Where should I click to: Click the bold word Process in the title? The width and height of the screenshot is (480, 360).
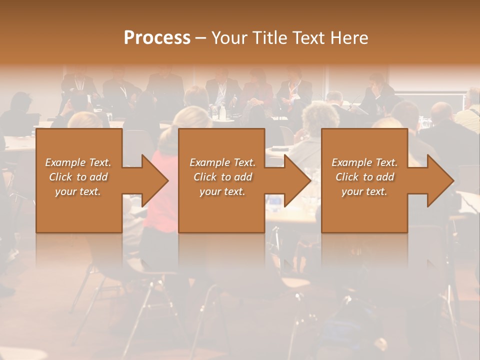(157, 38)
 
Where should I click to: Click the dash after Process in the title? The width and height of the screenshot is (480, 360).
(201, 38)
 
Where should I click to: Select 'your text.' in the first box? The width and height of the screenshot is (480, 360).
(78, 191)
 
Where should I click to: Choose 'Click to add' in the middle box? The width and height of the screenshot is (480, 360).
(222, 177)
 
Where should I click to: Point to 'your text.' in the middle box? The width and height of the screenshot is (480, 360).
(222, 191)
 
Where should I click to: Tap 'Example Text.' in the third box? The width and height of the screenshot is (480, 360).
(364, 162)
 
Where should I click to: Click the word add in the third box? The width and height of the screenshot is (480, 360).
(385, 177)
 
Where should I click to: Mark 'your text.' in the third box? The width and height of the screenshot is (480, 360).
(364, 191)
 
